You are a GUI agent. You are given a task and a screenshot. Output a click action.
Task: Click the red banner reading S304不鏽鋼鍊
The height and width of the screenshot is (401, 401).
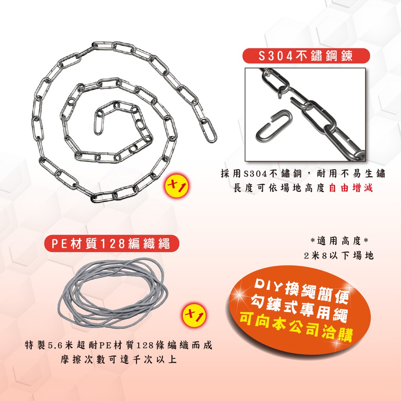(306, 56)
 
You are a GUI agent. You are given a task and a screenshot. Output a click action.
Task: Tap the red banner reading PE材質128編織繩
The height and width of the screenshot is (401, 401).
(111, 243)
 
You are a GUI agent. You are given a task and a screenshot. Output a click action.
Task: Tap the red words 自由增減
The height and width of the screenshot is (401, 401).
(350, 188)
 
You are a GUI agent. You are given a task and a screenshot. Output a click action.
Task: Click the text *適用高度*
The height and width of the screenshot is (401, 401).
(339, 241)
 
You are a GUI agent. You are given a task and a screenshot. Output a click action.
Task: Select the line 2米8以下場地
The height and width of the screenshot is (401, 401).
(339, 255)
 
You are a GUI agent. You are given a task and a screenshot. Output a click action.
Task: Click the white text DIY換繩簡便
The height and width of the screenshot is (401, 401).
(301, 291)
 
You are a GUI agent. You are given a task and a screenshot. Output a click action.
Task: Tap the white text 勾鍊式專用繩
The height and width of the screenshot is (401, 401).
(299, 308)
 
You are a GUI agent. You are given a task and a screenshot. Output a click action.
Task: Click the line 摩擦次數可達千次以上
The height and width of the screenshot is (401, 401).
(119, 359)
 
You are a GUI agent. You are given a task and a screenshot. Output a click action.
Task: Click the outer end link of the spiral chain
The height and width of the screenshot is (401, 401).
(208, 130)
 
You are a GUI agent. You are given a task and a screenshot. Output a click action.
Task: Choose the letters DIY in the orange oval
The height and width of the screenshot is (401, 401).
(267, 285)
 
